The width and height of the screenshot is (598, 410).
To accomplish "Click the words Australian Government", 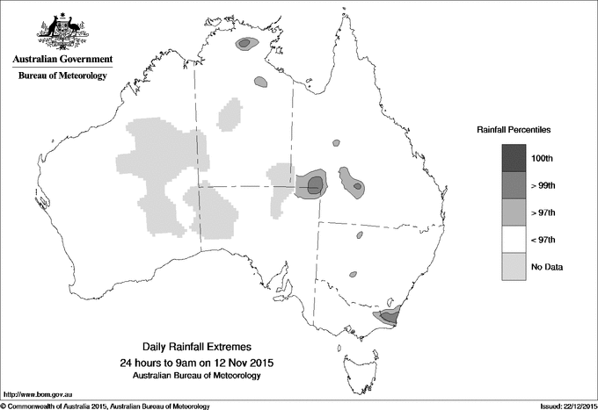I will coord(62,60).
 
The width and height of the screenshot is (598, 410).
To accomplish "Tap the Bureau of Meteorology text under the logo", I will coord(62,76).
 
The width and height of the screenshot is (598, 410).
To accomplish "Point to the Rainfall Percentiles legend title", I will coord(514,129).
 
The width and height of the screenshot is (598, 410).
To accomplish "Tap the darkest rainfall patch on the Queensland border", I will coord(314,183).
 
